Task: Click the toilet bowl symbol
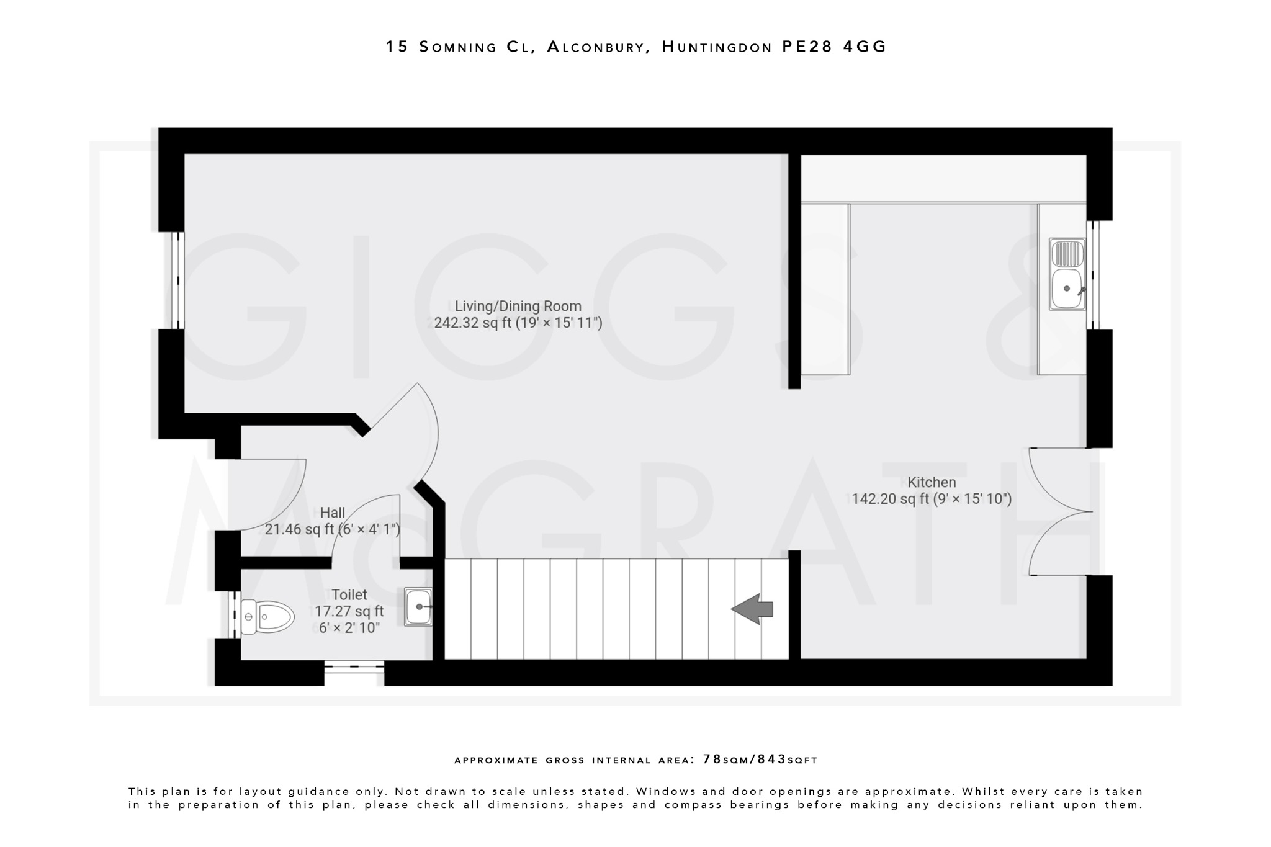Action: tap(267, 617)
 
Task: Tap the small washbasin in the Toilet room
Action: tap(418, 606)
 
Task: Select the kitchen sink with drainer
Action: tap(1067, 274)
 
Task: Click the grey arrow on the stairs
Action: tap(752, 609)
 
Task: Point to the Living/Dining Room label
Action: tap(518, 306)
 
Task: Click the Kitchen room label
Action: tap(932, 482)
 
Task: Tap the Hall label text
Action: tap(333, 513)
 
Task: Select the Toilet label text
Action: tap(349, 594)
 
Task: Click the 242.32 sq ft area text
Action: tap(518, 323)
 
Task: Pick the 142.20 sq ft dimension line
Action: tap(932, 499)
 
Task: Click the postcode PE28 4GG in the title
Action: tap(834, 47)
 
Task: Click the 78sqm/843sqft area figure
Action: tap(760, 760)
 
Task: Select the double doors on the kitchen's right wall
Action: tap(1058, 512)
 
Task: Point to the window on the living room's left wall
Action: tap(178, 280)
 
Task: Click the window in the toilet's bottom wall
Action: tap(354, 667)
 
